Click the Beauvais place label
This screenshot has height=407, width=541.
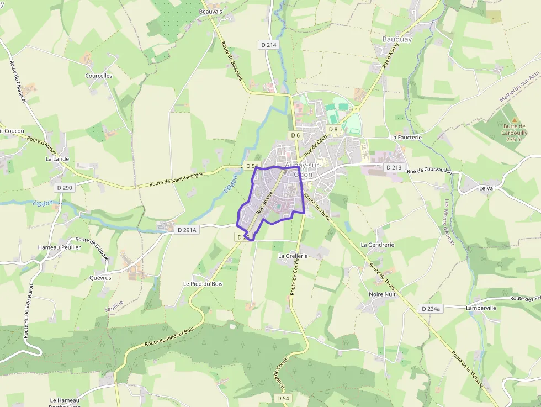(x=210, y=11)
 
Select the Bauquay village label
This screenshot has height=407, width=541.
(x=397, y=39)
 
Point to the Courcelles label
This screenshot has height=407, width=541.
(x=99, y=76)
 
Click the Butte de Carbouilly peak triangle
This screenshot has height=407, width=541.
(x=515, y=120)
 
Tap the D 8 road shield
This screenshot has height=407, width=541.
(x=333, y=129)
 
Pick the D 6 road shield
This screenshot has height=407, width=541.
(x=295, y=135)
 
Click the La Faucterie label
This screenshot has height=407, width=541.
(x=406, y=137)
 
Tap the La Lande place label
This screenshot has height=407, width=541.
(x=57, y=158)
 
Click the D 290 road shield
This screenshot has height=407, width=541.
(x=64, y=188)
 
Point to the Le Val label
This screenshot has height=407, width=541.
(x=486, y=188)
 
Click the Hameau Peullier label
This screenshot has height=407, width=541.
(x=59, y=247)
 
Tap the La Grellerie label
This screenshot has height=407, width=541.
(x=293, y=256)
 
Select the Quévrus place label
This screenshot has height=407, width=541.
(x=100, y=278)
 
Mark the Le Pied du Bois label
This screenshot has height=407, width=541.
(x=203, y=284)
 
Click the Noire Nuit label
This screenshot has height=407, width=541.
(x=382, y=294)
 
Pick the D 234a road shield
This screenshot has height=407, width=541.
(x=431, y=309)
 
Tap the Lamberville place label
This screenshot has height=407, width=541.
(x=481, y=308)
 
